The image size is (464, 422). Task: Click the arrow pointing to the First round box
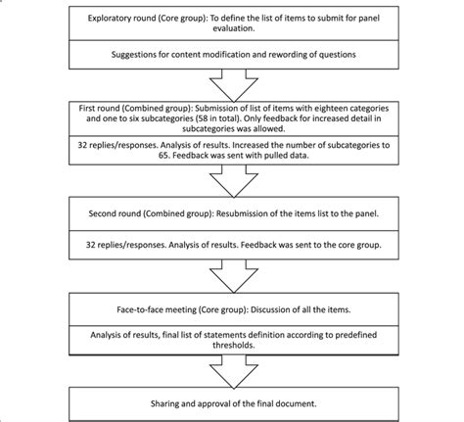tap(232, 82)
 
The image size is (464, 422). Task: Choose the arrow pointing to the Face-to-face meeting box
tap(232, 278)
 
